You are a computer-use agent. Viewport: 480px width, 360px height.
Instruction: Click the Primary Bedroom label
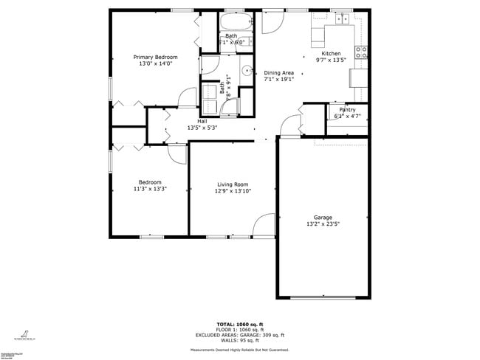[155, 57]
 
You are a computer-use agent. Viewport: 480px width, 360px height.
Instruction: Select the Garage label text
[323, 217]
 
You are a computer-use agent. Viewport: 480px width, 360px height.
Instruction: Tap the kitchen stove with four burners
[362, 52]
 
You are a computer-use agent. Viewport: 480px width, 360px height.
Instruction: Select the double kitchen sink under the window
[342, 21]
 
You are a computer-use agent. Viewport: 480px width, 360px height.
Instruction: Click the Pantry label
[347, 109]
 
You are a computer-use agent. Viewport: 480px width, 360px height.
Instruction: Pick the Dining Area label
[279, 72]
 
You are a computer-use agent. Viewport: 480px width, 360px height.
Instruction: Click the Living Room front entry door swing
[263, 225]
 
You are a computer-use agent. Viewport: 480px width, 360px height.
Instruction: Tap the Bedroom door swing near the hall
[177, 153]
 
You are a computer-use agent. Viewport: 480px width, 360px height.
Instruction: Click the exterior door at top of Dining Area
[270, 21]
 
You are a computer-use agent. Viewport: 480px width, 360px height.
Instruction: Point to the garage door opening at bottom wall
[322, 297]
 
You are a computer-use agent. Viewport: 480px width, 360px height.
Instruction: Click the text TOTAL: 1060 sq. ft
[239, 325]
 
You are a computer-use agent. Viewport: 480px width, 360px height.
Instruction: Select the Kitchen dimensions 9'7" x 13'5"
[331, 60]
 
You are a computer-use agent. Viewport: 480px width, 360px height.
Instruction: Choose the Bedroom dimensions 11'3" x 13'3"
[150, 189]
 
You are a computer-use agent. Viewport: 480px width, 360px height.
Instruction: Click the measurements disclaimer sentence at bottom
[239, 350]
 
